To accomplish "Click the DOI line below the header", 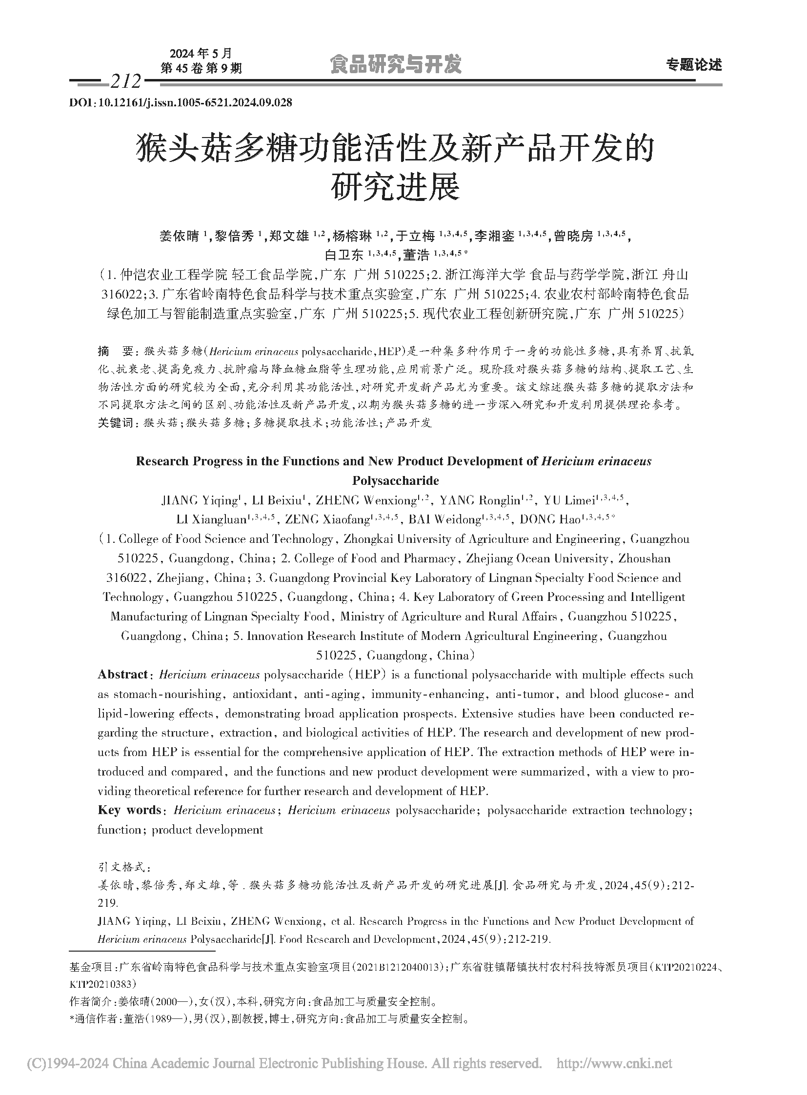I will coord(181,102).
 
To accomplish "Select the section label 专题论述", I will coord(694,65).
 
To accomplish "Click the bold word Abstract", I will coord(122,675).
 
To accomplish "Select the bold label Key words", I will coord(129,810).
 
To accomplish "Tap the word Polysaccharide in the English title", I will coord(395,480).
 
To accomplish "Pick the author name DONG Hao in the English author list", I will coord(549,519).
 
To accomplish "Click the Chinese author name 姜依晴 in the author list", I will coord(179,237).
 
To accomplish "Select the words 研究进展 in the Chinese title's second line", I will coord(395,187).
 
